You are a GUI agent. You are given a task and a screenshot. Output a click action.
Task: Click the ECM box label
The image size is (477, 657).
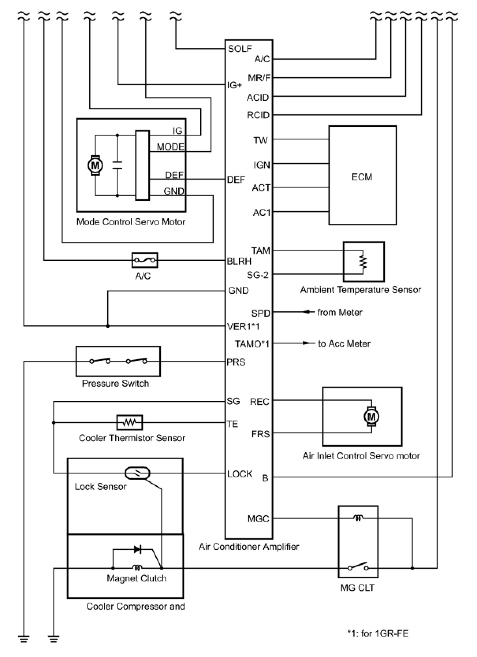361,177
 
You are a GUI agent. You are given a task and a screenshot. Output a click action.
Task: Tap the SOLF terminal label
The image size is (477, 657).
240,49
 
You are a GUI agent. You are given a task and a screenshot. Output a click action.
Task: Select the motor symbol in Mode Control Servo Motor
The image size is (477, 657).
95,165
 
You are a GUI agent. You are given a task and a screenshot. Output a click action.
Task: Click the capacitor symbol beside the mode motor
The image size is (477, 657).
117,165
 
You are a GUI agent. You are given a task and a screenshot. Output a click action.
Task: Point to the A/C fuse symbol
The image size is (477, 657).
144,260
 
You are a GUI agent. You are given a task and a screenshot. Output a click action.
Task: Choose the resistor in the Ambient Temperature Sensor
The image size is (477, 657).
363,262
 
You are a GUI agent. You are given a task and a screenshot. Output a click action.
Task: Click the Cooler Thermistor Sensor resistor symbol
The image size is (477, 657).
129,422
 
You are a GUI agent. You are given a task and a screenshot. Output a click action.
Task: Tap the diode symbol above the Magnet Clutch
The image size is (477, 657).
138,549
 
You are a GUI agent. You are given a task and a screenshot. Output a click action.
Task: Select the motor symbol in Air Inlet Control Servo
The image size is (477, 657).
371,416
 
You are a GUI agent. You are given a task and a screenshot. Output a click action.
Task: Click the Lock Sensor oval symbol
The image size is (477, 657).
137,473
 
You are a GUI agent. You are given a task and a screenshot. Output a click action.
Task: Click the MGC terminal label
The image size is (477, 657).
258,519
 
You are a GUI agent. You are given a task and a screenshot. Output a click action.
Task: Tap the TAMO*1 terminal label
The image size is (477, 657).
252,344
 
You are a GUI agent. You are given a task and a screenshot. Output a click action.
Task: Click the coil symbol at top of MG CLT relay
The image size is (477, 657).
358,518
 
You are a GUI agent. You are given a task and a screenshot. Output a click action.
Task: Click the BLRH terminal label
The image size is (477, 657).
239,261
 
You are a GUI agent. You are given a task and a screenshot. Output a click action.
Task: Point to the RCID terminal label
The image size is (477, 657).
258,115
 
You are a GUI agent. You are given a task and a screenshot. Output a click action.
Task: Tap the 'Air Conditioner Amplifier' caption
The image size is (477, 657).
249,546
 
